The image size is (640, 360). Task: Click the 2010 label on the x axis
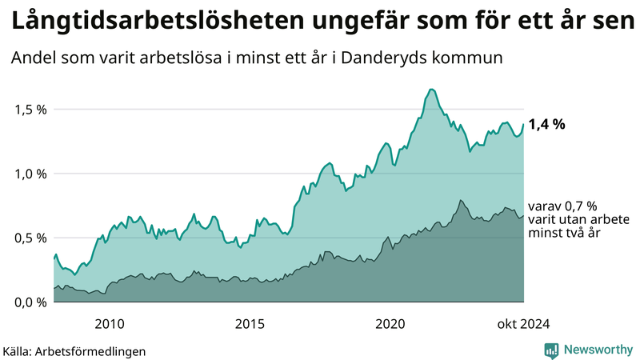coord(110,323)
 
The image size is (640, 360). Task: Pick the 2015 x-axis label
coord(250,323)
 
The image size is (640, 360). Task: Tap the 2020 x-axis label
coord(390,323)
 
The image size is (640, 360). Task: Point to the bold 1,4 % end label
coord(547,124)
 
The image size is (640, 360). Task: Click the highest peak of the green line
coord(431,90)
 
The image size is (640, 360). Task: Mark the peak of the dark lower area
coord(461,200)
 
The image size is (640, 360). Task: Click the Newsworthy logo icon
coord(551,350)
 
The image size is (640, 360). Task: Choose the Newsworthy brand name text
coord(598,350)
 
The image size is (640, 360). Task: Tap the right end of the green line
coord(524,124)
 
